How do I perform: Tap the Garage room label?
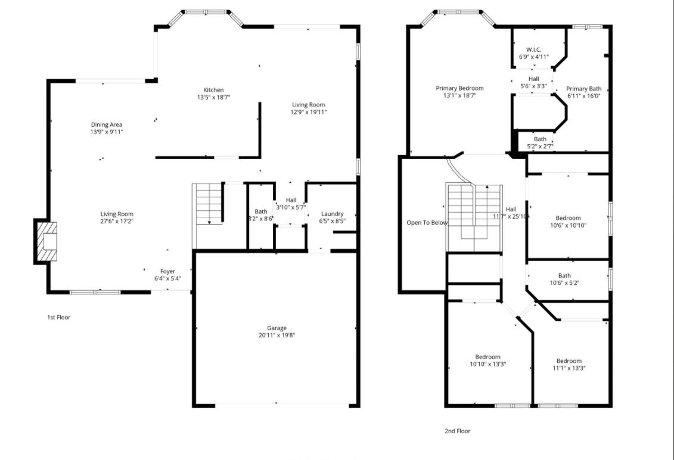coord(277,328)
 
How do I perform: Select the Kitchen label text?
coord(213,90)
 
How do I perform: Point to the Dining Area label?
coord(107,125)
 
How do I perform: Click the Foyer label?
coord(167,271)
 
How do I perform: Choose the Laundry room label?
coord(333,214)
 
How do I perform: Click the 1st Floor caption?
coord(59,318)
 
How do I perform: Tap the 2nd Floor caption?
coord(457,431)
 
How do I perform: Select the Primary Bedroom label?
coord(459,88)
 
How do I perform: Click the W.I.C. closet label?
coord(533,49)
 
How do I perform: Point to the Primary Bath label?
coord(583,89)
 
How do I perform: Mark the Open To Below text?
coord(427,223)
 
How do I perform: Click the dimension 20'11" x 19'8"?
coord(277,335)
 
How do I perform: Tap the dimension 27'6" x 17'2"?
coord(117,221)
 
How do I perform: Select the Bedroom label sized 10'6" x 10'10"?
coord(568,218)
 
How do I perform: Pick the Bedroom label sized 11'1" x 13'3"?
coord(569,360)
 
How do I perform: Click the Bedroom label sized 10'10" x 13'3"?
coord(487,357)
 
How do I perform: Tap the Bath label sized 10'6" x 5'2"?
coord(564,275)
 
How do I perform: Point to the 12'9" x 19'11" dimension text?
coord(308,111)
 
